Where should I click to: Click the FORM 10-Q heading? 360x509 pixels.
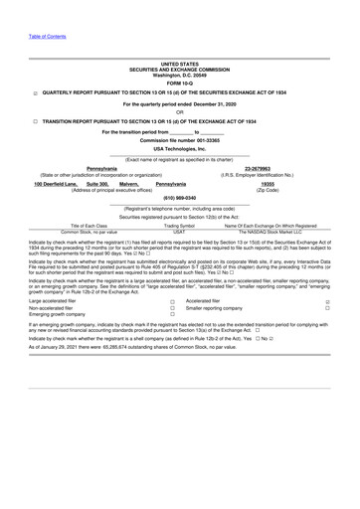(180, 83)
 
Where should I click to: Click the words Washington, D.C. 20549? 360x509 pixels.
(180, 75)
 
